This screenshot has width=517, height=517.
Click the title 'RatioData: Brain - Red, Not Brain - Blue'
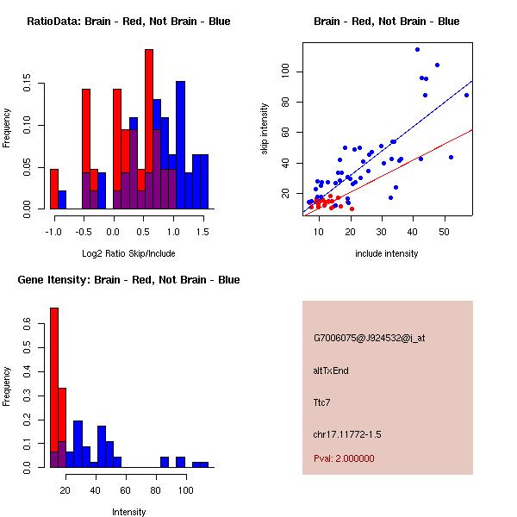click(x=128, y=22)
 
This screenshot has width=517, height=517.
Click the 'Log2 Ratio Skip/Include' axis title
click(x=128, y=253)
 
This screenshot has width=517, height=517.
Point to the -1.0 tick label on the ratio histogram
click(x=53, y=232)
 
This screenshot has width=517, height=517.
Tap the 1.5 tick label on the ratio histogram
click(x=203, y=232)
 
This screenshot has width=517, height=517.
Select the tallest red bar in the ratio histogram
click(x=149, y=129)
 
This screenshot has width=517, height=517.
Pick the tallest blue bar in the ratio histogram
click(x=180, y=145)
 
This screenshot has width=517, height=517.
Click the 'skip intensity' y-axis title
click(x=265, y=129)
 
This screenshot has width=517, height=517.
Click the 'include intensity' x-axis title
click(x=386, y=253)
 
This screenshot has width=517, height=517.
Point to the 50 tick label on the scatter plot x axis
click(x=445, y=232)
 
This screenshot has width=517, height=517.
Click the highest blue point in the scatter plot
click(x=417, y=49)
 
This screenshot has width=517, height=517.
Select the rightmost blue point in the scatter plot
click(x=466, y=95)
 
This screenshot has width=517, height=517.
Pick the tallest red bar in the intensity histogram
click(x=54, y=387)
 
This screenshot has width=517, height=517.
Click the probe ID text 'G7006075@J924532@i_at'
click(x=369, y=338)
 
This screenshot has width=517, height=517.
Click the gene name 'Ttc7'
click(x=322, y=402)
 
